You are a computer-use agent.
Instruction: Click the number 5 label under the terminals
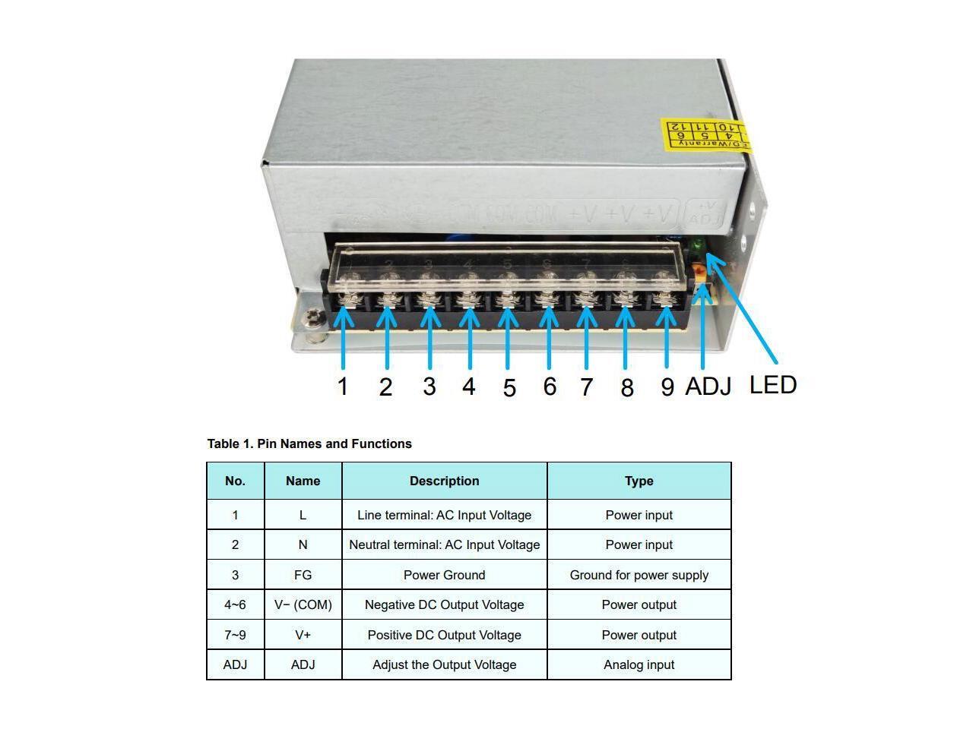pos(509,388)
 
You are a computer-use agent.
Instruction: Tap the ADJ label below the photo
pos(708,386)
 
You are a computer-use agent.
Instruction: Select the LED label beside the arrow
pos(773,384)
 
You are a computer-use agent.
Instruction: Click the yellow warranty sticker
pos(703,134)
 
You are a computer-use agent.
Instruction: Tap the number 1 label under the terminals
pos(343,387)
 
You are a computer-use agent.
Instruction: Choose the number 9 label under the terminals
pos(667,387)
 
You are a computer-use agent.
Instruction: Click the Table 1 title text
pos(309,443)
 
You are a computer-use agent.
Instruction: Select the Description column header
pos(444,481)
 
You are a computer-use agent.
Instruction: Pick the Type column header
pos(639,481)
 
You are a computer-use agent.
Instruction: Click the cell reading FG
pos(303,575)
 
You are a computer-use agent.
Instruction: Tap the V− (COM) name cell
pos(303,604)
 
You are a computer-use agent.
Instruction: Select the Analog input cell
pos(639,664)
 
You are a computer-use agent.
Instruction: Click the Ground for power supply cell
pos(639,575)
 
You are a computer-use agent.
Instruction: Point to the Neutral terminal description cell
pos(444,544)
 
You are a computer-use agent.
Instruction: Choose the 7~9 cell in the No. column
pos(235,635)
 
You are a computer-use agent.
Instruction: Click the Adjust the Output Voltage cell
pos(444,664)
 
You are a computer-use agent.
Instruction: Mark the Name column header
pos(303,481)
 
